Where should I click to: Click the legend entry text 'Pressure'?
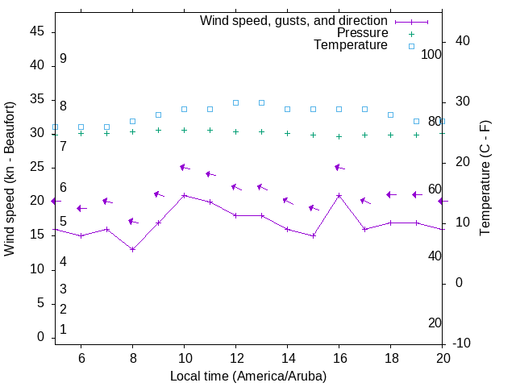(362, 33)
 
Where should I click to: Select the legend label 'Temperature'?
(351, 45)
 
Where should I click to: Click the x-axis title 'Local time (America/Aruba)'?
(248, 376)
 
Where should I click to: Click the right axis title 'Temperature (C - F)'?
(485, 179)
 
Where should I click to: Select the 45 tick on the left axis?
(37, 31)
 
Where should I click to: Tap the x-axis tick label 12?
(235, 358)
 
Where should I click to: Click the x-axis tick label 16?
(339, 358)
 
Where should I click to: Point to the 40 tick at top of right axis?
(463, 41)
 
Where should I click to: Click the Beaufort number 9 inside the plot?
(63, 59)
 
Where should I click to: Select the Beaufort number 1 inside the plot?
(63, 329)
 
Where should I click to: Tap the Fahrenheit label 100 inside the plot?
(431, 54)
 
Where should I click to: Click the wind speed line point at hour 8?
(132, 249)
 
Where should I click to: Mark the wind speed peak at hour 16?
(339, 195)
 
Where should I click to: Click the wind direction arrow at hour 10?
(185, 168)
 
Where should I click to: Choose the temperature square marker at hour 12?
(235, 102)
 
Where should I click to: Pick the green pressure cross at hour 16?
(339, 136)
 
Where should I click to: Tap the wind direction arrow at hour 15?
(314, 208)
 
